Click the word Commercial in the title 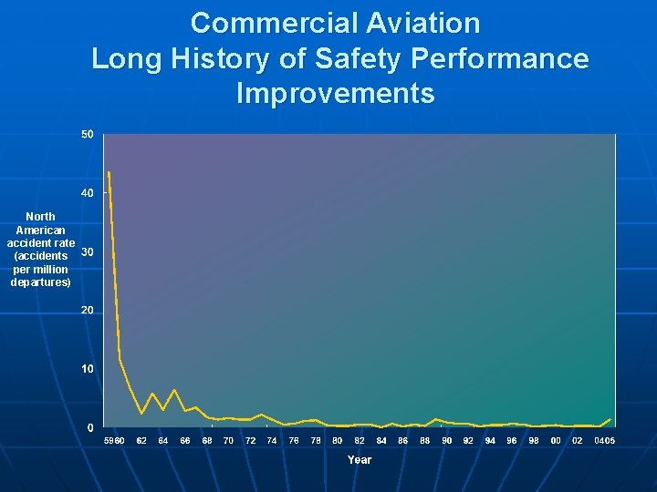pos(266,22)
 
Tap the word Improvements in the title pos(335,93)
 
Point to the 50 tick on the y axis pos(87,135)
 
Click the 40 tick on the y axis pos(87,193)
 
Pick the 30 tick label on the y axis pos(87,252)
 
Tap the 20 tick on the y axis pos(87,311)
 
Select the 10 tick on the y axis pos(87,369)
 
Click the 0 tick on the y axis pos(89,427)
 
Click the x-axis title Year pos(360,460)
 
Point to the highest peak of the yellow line pos(109,171)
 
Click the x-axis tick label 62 pos(141,441)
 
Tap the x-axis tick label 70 pos(228,441)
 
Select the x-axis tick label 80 pos(337,441)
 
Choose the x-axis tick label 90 pos(446,441)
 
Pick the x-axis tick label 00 pos(555,441)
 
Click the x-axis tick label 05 pos(610,441)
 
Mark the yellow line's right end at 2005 pos(610,419)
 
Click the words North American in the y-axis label pos(40,224)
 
